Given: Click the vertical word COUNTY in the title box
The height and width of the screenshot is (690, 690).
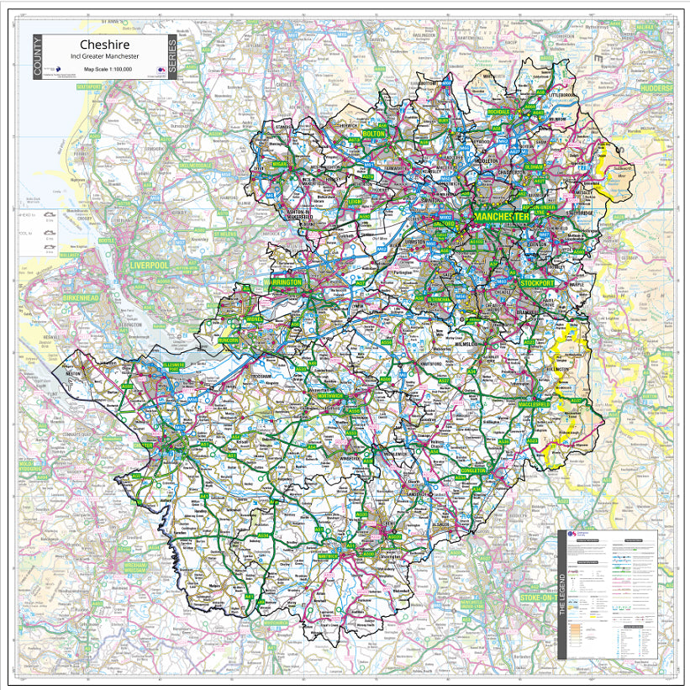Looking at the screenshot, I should (38, 57).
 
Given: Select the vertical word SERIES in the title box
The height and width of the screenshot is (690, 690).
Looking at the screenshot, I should (172, 57).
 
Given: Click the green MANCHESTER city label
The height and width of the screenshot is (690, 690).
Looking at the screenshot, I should (502, 217).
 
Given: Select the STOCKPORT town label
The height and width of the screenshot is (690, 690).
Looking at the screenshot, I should (543, 283).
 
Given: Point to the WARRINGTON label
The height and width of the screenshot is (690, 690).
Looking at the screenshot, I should (282, 283).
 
